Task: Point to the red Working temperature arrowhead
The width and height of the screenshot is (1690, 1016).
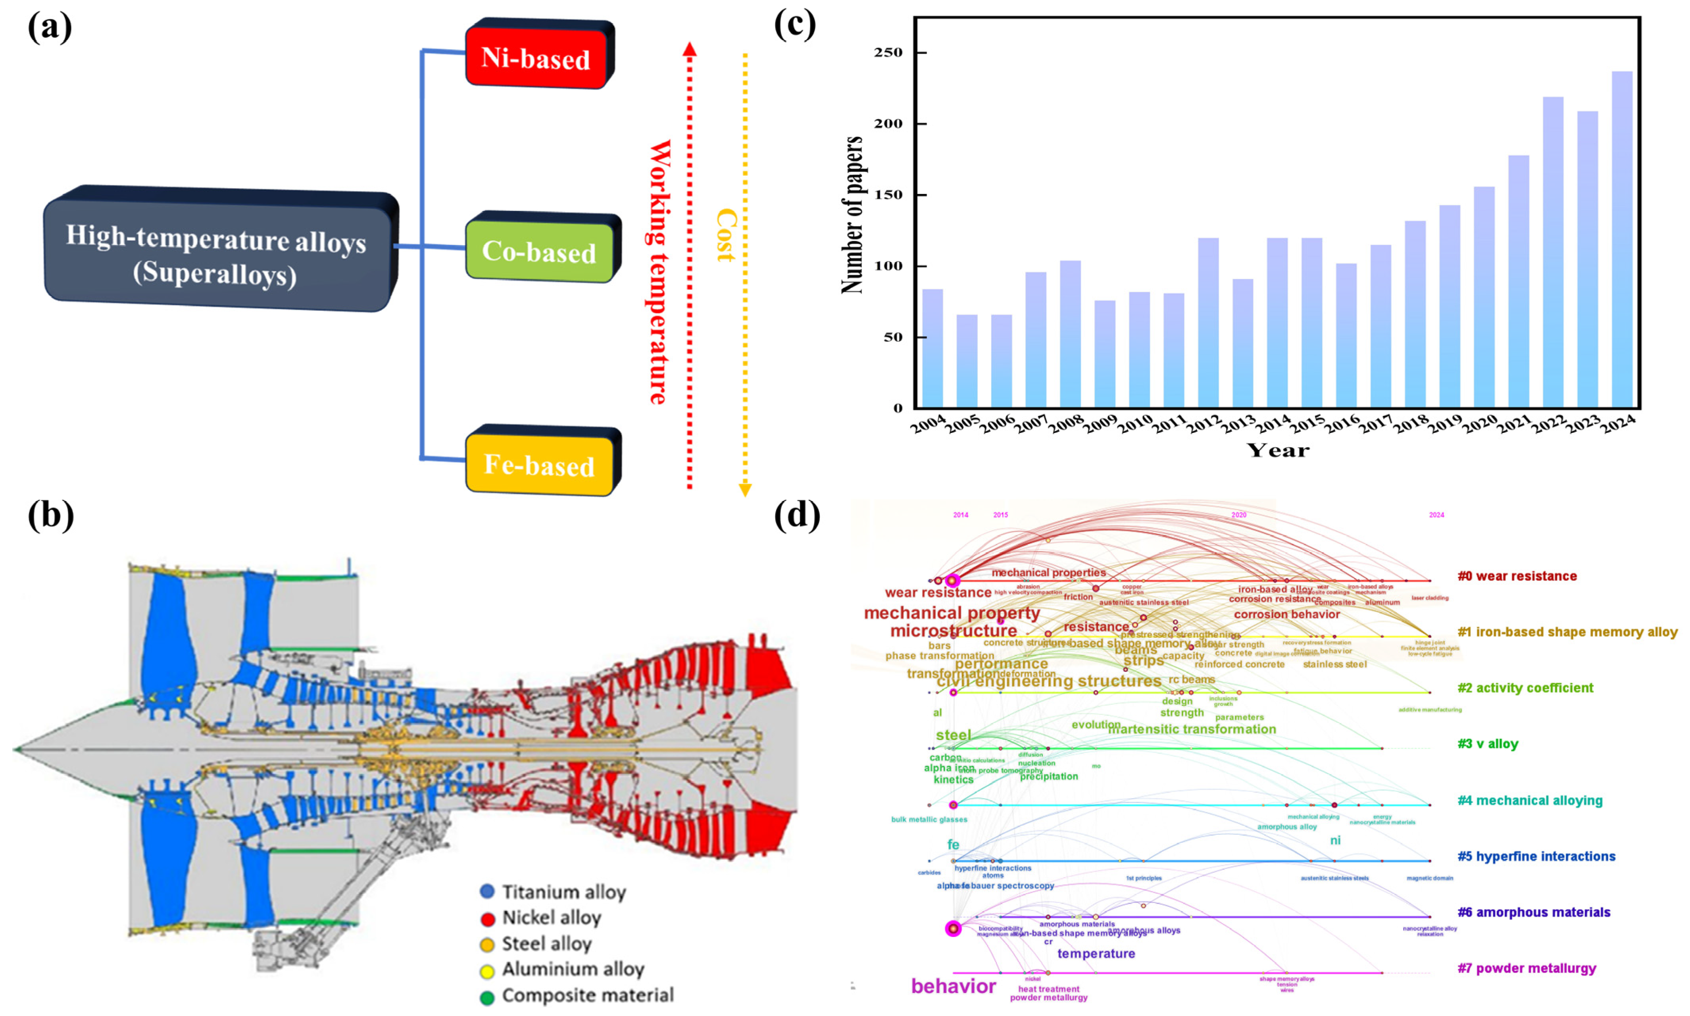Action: click(x=689, y=49)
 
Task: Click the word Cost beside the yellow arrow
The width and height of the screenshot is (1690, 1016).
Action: click(x=725, y=235)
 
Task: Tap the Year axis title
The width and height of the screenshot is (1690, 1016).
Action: click(x=1277, y=450)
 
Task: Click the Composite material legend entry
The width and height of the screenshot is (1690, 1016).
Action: click(x=587, y=995)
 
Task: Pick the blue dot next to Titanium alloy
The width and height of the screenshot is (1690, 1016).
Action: click(x=487, y=891)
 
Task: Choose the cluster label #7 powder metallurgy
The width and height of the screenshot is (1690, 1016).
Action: click(x=1527, y=968)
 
